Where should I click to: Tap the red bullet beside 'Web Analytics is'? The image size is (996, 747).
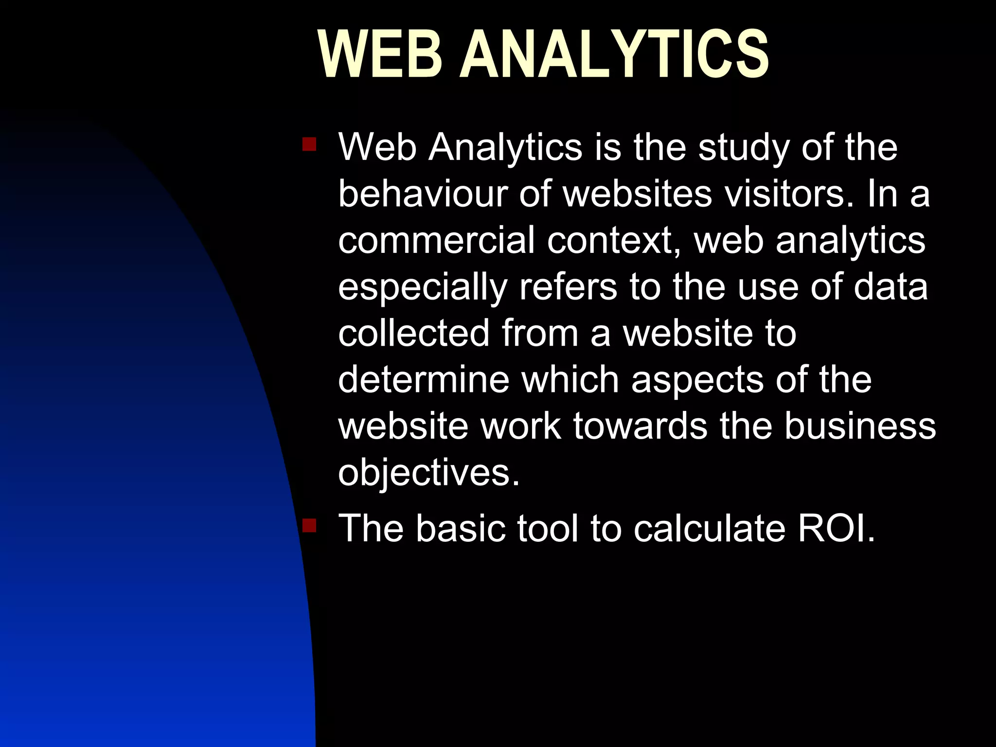coord(309,144)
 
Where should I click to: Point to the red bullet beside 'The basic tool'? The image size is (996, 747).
coord(309,526)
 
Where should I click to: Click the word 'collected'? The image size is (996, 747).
coord(413,333)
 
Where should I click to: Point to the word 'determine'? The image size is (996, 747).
coord(423,379)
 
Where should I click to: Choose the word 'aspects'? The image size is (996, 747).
coord(697,380)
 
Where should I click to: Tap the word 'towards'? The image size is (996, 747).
coord(640,426)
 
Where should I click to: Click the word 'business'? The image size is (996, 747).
coord(860,426)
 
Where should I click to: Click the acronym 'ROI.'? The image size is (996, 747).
coord(836,528)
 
